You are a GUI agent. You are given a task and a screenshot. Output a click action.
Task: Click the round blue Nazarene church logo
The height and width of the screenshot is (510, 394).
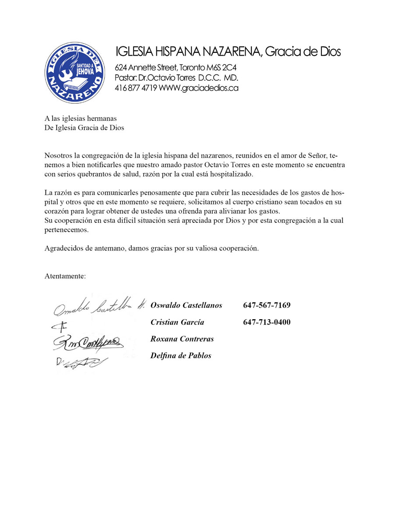tap(75, 73)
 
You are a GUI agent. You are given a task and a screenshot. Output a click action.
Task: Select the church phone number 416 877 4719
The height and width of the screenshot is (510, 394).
tap(136, 88)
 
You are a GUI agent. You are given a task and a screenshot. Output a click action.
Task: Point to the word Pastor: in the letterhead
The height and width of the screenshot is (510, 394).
tap(127, 78)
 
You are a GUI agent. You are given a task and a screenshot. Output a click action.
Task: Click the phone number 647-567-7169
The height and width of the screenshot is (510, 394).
tap(267, 305)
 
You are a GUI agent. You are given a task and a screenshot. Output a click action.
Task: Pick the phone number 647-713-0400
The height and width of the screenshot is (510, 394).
tap(267, 323)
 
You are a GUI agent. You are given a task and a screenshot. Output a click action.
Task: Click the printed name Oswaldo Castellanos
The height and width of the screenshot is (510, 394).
tap(186, 305)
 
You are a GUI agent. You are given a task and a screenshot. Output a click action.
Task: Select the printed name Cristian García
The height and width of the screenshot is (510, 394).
tap(177, 323)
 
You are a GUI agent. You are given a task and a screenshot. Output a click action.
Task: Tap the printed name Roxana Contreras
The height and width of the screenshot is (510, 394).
tap(182, 339)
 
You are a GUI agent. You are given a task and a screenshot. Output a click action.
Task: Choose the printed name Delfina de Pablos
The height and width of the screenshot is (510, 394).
tap(181, 355)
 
